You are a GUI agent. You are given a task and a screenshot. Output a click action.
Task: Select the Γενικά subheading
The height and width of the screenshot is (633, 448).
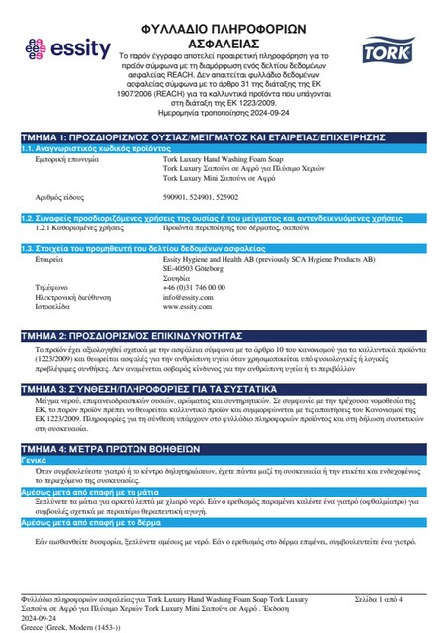(x=37, y=461)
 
